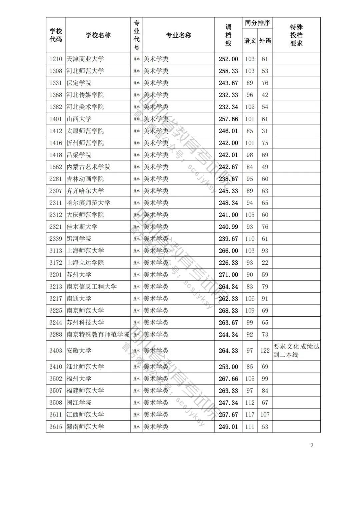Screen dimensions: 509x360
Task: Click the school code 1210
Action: (56, 59)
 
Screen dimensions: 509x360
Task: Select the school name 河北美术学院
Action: (85, 107)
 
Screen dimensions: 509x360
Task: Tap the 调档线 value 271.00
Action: (228, 275)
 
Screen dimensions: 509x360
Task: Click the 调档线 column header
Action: (228, 35)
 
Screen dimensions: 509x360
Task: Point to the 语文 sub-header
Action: (250, 41)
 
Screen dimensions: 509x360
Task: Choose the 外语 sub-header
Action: (265, 41)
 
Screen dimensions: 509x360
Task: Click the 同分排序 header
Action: (257, 23)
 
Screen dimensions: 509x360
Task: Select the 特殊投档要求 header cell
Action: (296, 35)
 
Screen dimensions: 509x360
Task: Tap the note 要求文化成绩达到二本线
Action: (296, 351)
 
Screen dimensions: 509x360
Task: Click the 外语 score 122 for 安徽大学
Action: (265, 351)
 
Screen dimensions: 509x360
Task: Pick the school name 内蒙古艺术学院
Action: (88, 167)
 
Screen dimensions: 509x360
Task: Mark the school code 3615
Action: (56, 427)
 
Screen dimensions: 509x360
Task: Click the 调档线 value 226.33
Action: (228, 263)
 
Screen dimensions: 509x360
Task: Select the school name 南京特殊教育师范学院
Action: (98, 335)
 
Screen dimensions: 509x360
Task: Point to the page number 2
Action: (312, 446)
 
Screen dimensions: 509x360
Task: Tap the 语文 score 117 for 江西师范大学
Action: (250, 415)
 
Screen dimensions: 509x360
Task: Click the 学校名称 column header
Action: (98, 35)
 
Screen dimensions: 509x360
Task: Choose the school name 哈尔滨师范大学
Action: (88, 203)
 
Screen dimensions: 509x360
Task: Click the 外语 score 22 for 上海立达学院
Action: (265, 263)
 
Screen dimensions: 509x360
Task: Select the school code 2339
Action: (56, 239)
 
